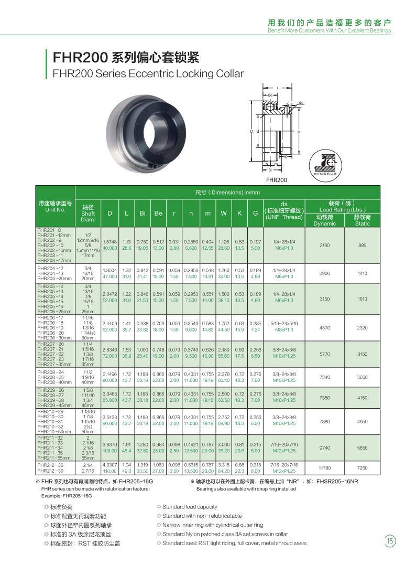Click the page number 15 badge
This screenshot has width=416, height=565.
[x=390, y=540]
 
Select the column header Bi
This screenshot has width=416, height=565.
[x=142, y=214]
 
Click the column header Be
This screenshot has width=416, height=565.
[x=158, y=214]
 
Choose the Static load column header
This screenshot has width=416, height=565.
[x=362, y=220]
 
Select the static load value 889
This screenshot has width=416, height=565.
[x=362, y=244]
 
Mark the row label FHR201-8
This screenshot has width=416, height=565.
[x=47, y=230]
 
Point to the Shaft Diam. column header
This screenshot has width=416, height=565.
[x=88, y=214]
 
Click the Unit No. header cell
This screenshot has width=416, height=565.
[x=55, y=206]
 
